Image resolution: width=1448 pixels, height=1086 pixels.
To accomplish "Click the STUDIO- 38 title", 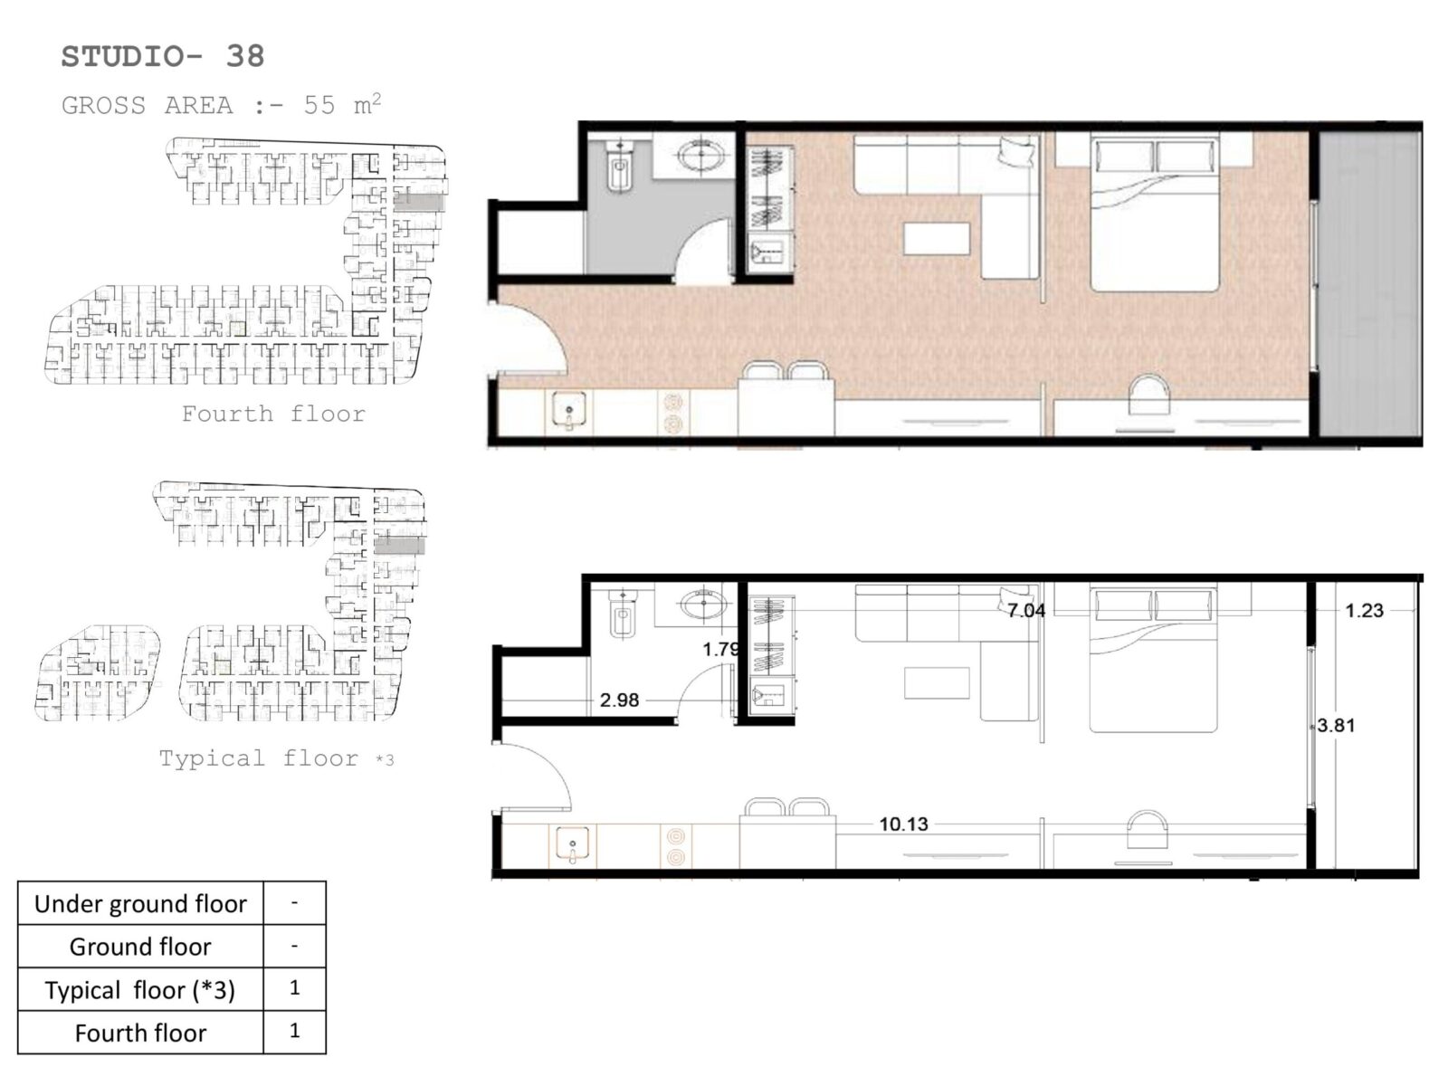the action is tap(162, 57).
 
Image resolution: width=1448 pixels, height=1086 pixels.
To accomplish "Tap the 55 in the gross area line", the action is tap(319, 106).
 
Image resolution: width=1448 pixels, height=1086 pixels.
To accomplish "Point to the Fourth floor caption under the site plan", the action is tap(273, 414).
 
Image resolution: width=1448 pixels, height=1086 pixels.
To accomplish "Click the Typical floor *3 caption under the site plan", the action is tap(276, 758).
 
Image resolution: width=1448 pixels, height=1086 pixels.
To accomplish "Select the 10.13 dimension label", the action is tap(904, 824).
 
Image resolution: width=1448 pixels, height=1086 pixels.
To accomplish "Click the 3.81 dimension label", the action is tap(1336, 725).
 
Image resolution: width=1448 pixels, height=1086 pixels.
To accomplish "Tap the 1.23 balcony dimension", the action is tap(1364, 611).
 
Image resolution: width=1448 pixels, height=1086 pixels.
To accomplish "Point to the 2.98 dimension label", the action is tap(619, 700).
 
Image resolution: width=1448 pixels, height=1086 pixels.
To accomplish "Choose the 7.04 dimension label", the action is tap(1026, 611).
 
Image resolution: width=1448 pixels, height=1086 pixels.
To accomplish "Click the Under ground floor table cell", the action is tap(140, 903).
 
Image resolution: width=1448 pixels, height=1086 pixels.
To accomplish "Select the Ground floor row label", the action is tap(140, 947).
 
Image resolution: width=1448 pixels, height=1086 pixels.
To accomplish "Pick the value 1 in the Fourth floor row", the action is tap(294, 1031).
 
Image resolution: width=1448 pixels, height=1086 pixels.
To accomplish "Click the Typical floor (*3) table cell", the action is tap(140, 990).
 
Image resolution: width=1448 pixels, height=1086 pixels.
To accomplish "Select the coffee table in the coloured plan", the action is tap(937, 239).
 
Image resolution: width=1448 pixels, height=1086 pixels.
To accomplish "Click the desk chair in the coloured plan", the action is tap(1148, 395).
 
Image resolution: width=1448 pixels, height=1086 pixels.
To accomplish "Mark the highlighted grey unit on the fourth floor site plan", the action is tap(420, 201).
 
